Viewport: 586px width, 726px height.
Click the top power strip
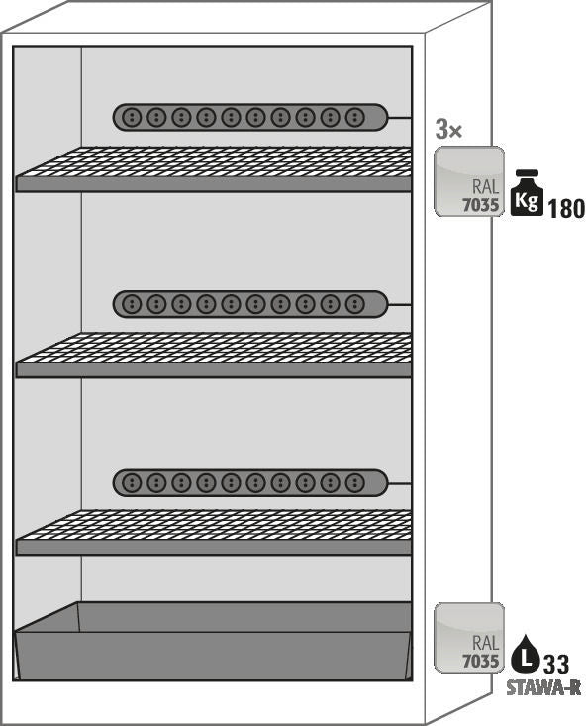point(250,117)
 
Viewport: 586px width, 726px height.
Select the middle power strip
point(250,304)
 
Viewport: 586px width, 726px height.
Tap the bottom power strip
point(250,483)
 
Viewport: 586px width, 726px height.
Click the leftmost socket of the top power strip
point(132,117)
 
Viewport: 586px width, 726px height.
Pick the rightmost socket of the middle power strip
point(354,304)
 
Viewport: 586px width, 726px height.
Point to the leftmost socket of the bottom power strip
point(132,483)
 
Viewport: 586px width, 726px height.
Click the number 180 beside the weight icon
point(566,209)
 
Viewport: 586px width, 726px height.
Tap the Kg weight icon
point(528,193)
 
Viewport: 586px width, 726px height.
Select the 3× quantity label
point(448,129)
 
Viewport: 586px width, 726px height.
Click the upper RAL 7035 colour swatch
point(469,181)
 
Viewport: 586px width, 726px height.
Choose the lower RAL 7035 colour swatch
point(469,638)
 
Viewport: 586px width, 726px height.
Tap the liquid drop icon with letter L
point(526,654)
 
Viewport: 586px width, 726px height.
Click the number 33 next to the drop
point(556,665)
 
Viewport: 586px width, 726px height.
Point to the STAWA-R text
point(543,688)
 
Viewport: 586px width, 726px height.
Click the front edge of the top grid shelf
point(214,184)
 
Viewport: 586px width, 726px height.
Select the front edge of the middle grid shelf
point(214,369)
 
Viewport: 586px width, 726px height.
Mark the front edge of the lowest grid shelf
point(214,547)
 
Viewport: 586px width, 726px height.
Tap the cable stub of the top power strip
point(400,118)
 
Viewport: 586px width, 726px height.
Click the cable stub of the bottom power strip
point(400,483)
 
